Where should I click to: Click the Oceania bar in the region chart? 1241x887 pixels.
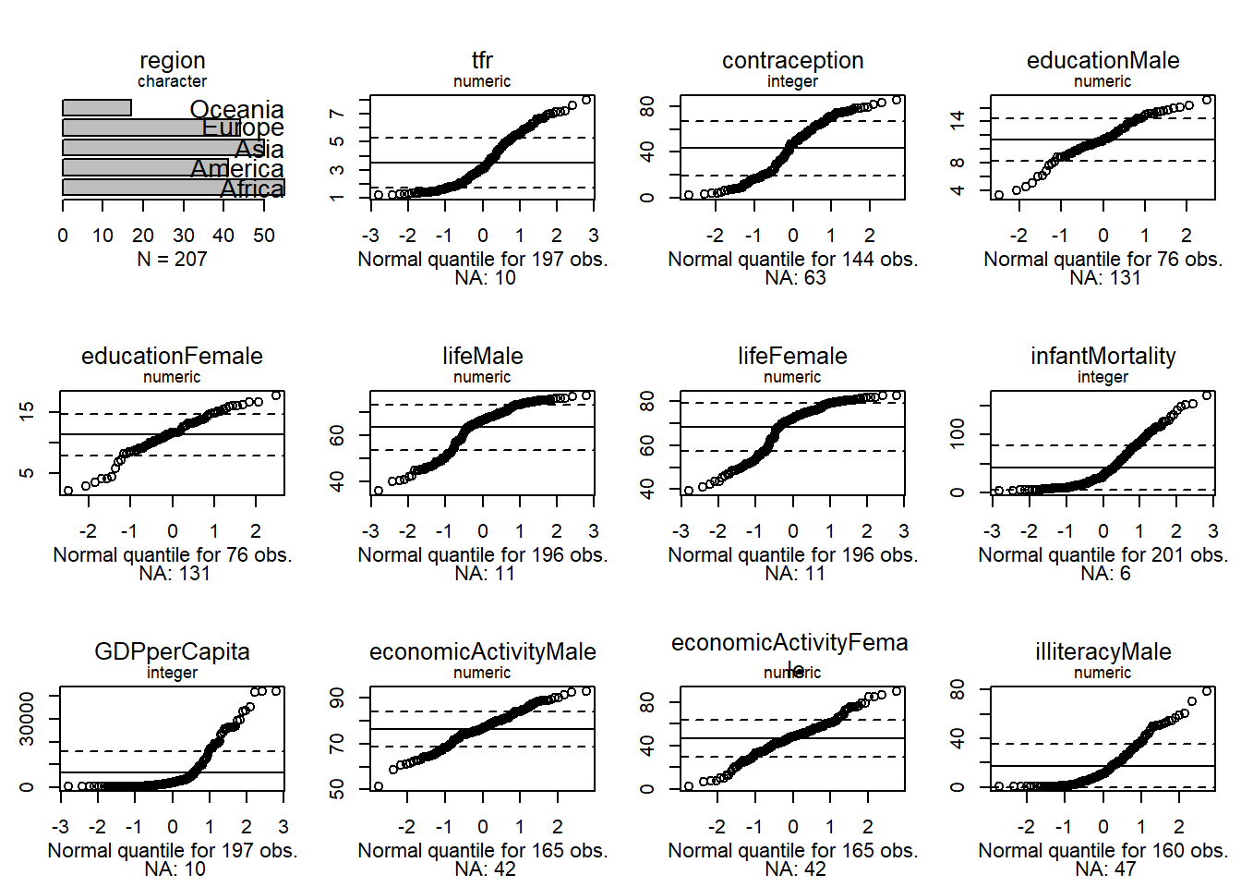(x=97, y=108)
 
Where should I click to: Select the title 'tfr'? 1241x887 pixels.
(x=482, y=61)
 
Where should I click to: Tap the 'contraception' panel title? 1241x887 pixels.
(x=792, y=61)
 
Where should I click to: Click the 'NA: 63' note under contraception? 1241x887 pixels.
(x=795, y=278)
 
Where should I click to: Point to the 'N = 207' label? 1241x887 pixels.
(x=172, y=260)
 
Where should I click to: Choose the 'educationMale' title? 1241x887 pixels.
(x=1102, y=61)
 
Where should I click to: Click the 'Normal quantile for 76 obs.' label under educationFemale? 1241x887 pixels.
(x=172, y=555)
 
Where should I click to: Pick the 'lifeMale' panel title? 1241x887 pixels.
(x=482, y=357)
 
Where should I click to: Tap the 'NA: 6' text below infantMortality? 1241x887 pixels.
(x=1105, y=574)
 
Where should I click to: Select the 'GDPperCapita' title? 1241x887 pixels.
(x=172, y=652)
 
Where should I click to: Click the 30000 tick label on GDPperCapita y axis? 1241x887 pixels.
(x=28, y=719)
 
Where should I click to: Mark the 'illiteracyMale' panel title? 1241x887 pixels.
(x=1102, y=652)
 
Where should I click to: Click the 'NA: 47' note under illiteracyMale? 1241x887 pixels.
(x=1105, y=869)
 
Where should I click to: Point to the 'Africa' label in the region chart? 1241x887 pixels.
(x=252, y=189)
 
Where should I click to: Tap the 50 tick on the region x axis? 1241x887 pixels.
(x=264, y=236)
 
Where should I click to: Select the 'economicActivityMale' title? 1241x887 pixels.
(x=482, y=652)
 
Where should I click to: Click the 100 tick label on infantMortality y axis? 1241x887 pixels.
(x=958, y=433)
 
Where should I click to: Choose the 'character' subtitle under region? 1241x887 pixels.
(x=172, y=81)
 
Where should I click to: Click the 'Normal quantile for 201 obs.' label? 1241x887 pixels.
(x=1102, y=555)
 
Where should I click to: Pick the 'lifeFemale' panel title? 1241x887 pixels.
(x=792, y=357)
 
